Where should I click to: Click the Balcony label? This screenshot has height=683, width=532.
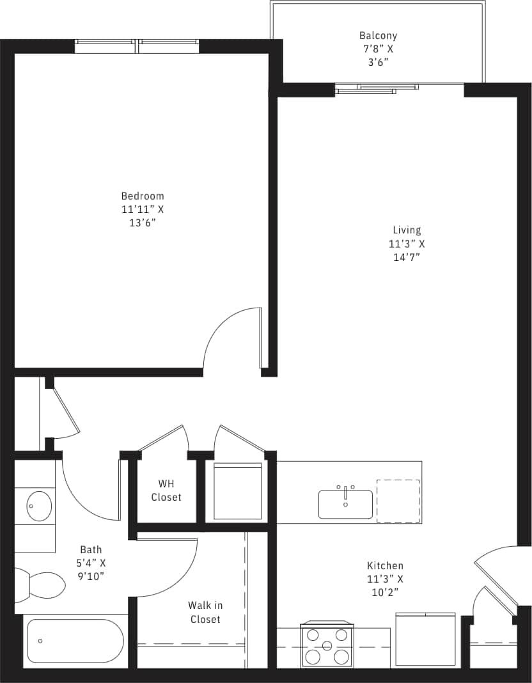coord(377,36)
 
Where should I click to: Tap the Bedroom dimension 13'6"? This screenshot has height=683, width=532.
coord(142,223)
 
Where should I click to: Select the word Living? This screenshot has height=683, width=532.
coord(407,230)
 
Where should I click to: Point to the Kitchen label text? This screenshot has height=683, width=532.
coord(385,565)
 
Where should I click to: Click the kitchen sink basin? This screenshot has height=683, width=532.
coord(345,505)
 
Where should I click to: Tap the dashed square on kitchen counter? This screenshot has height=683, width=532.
coord(398,501)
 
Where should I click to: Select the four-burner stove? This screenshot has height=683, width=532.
coord(327,645)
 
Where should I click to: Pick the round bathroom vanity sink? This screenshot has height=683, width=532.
coord(38,506)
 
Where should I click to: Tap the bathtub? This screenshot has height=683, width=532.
coord(75,641)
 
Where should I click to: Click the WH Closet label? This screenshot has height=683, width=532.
coord(166,491)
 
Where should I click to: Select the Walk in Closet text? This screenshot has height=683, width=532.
coord(205,612)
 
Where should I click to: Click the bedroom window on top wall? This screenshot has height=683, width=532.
coord(137,46)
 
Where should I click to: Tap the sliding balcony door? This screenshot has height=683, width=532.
coord(377,89)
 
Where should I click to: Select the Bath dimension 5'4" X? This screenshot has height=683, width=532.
coord(93,563)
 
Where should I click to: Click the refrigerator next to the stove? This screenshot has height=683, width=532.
coord(425,640)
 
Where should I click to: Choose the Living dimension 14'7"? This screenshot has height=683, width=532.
coord(407,257)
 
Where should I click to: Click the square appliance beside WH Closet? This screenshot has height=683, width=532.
coord(238,491)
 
